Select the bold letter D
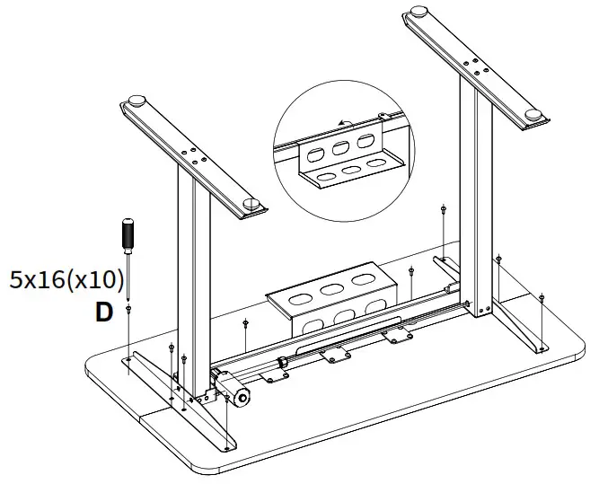[105, 313]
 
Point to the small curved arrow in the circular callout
[342, 124]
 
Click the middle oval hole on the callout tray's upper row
[342, 146]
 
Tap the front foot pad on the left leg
[251, 206]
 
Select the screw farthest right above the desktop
[542, 296]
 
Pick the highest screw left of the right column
[444, 208]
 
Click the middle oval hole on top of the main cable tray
[333, 289]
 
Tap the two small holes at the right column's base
[485, 311]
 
